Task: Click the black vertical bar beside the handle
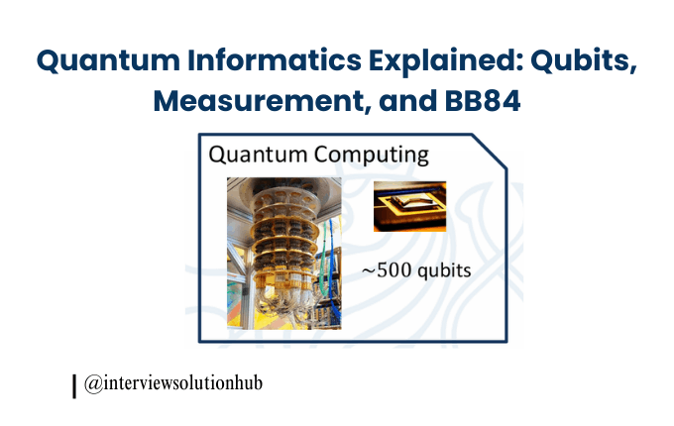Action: click(x=74, y=385)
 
